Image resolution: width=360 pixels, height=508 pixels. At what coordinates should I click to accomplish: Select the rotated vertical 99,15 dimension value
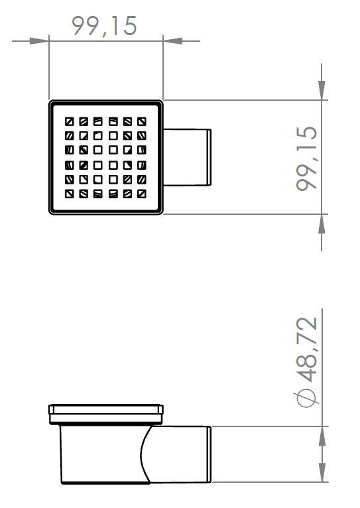(x=307, y=159)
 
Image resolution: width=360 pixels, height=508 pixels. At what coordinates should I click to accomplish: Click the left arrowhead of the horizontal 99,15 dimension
(x=40, y=40)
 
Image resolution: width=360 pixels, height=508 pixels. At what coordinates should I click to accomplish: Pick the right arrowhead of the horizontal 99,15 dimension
(x=172, y=40)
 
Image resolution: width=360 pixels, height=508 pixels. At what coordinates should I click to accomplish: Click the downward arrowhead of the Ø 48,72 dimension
(x=322, y=416)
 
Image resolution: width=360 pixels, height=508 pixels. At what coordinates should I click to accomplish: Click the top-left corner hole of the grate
(x=69, y=122)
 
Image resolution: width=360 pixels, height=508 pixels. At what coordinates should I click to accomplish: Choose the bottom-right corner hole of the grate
(x=142, y=194)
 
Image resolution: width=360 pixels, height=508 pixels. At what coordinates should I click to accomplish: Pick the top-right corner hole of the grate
(x=142, y=122)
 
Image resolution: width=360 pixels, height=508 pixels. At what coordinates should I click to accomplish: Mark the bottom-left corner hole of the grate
(x=69, y=194)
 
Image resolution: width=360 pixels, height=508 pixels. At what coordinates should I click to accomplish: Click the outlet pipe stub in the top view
(x=188, y=157)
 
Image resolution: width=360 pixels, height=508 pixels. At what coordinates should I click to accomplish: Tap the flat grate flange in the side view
(x=105, y=410)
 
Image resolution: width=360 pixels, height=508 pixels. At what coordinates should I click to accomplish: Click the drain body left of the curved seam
(x=99, y=455)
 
